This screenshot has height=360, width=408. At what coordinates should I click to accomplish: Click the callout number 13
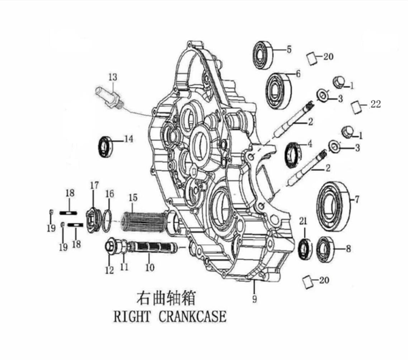113,76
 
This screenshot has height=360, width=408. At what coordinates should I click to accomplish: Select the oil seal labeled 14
106,145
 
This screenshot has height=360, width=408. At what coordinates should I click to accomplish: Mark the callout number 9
254,297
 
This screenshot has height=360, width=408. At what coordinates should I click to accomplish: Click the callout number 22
376,105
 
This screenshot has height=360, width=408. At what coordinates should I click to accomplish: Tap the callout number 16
109,194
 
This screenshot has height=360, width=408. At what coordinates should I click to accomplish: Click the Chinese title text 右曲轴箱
162,298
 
